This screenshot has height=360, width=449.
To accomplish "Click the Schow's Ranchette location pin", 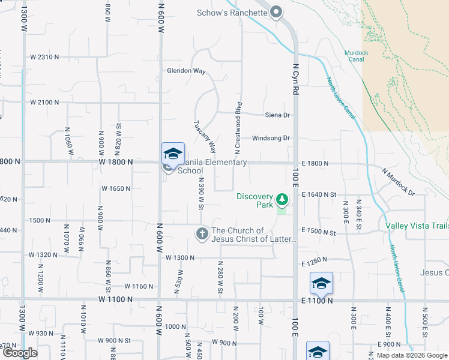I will point(276,11).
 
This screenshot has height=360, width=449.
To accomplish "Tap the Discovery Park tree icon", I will point(281,198).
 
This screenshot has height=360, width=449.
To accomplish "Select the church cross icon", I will point(202,233).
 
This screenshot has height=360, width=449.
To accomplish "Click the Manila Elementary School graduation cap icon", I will point(173,154).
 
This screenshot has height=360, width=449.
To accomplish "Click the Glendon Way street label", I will point(187,71).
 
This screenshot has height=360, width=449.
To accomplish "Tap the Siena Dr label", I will point(277,115).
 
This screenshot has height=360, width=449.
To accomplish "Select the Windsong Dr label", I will point(271,138).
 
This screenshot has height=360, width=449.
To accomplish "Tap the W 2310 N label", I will point(45,57).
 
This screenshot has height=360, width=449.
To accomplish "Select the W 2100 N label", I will point(45,102).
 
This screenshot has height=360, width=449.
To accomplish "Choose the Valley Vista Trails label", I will point(417,226).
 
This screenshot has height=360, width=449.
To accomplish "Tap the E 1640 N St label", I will point(327,194).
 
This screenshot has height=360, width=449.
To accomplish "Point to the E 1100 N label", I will point(318,300).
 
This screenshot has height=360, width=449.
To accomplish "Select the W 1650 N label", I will point(116,188).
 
